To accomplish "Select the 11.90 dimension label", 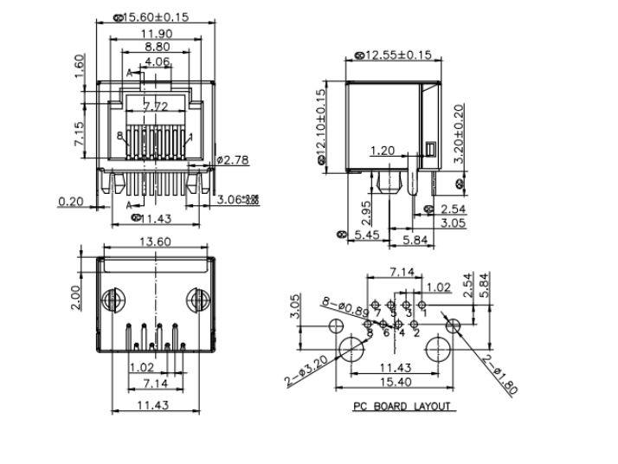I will [x=156, y=34].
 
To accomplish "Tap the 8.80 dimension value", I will [x=157, y=48].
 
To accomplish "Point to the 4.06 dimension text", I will [x=157, y=62].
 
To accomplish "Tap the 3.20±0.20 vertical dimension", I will [x=459, y=134].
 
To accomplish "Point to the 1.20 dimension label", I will [x=386, y=151].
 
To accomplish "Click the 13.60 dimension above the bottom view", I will [x=155, y=243].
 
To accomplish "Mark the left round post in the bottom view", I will [x=111, y=302].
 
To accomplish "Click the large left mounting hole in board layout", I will [x=351, y=350].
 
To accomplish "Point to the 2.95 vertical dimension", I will [x=366, y=210].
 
